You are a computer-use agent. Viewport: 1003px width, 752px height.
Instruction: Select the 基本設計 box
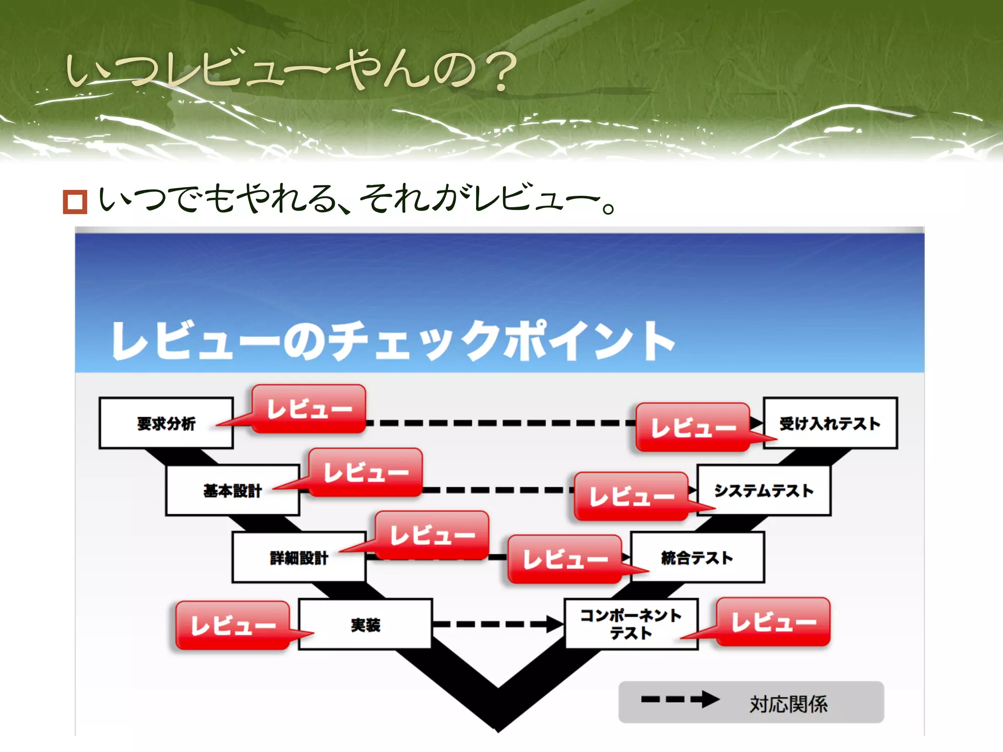[x=232, y=491]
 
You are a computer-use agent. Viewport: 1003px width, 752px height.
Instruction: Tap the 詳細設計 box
[x=299, y=558]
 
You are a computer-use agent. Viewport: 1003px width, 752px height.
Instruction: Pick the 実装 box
[x=365, y=625]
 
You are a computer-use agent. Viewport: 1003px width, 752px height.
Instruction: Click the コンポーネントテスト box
[x=631, y=624]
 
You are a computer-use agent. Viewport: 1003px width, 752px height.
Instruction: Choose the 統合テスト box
[x=697, y=558]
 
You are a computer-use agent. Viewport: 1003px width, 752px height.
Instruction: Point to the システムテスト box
[x=764, y=491]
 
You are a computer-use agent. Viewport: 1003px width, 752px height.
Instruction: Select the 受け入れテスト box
[x=830, y=423]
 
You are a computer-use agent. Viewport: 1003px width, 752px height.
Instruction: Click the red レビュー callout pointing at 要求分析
[x=309, y=409]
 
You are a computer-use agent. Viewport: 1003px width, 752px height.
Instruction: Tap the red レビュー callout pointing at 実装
[x=233, y=626]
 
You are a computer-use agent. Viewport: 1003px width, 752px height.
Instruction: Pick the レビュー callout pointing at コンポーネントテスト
[x=773, y=622]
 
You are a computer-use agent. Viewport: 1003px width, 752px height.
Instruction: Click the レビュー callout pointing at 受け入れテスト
[x=693, y=427]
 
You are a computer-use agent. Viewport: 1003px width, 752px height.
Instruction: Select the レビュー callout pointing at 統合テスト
[x=565, y=559]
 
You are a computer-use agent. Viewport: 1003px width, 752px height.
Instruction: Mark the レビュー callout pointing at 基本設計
[x=365, y=472]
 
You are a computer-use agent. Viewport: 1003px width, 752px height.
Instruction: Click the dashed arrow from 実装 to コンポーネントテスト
[x=498, y=624]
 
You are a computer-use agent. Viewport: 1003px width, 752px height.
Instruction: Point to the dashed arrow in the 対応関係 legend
[x=680, y=699]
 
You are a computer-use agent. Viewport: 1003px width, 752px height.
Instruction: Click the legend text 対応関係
[x=788, y=704]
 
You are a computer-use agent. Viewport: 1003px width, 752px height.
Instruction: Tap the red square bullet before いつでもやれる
[x=75, y=202]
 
